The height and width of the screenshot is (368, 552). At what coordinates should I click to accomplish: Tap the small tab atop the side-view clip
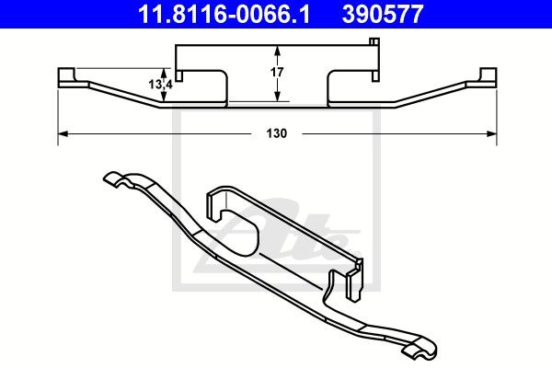tap(373, 41)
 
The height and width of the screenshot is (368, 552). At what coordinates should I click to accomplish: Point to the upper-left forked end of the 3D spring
tap(115, 179)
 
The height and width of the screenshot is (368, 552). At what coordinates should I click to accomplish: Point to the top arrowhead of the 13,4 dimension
tap(167, 70)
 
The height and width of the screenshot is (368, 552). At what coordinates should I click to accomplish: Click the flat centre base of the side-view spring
tap(276, 104)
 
